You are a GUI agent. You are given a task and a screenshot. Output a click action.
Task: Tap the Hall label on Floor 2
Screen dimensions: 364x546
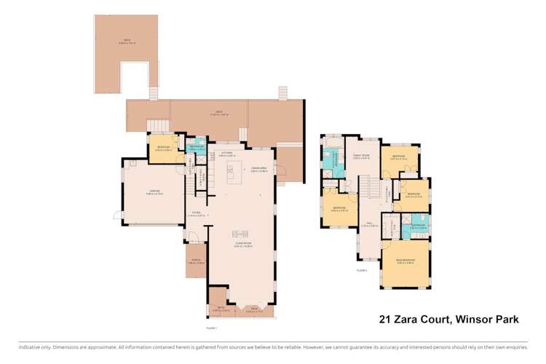tap(369, 223)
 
